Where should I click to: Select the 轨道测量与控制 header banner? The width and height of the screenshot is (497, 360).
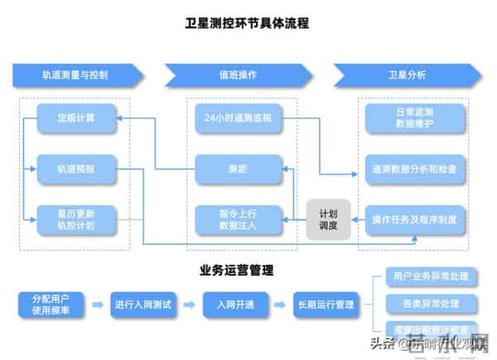[x=76, y=74]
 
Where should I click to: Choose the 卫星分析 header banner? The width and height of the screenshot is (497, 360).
[x=406, y=74]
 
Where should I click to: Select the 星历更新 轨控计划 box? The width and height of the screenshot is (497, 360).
[x=75, y=218]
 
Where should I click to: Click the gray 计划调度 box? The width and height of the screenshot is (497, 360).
[x=328, y=219]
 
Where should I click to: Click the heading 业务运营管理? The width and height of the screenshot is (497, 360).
[x=237, y=270]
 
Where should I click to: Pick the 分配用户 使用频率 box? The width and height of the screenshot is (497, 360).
[x=51, y=305]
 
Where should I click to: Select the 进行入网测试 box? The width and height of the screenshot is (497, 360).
[x=143, y=305]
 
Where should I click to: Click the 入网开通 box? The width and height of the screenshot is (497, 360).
[x=235, y=305]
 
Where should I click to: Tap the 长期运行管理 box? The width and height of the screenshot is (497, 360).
[x=326, y=305]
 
